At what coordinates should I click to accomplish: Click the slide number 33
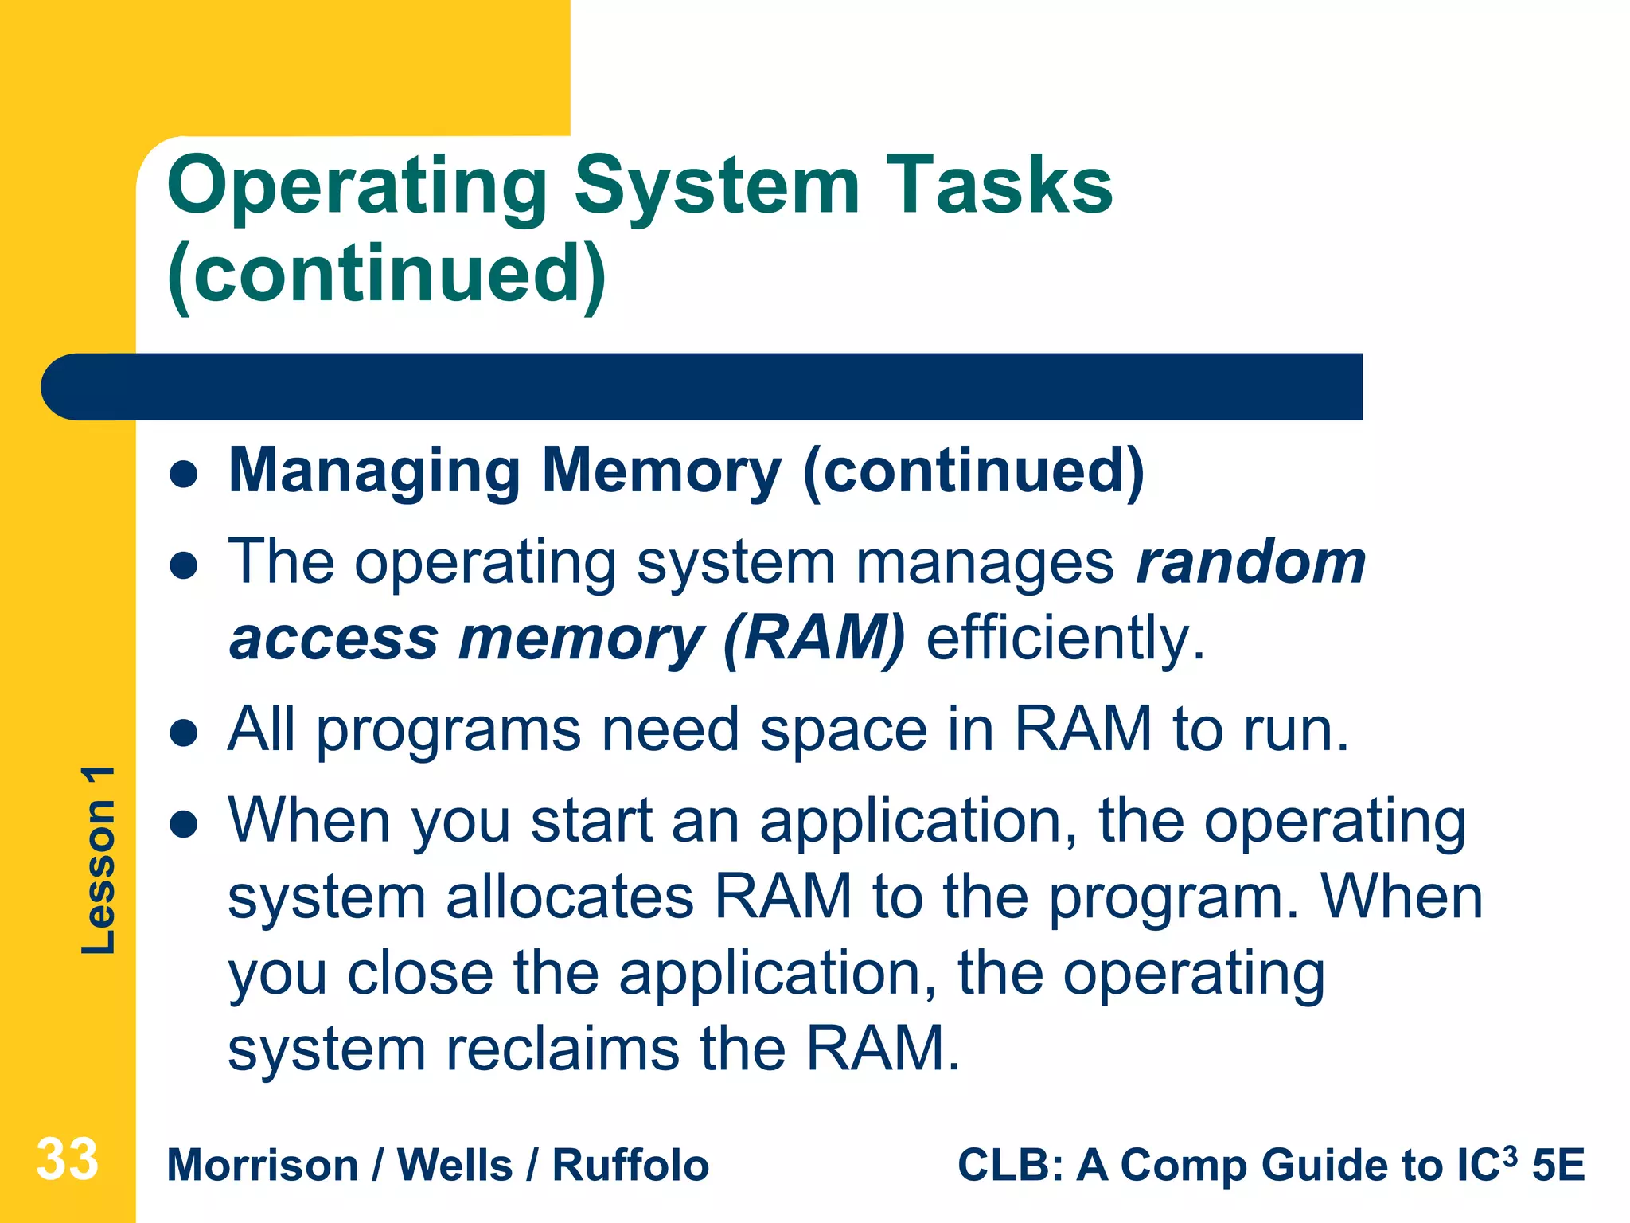[67, 1159]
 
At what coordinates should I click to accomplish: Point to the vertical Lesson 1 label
[99, 860]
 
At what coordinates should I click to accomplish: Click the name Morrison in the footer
[263, 1166]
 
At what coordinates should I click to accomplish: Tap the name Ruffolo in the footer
[630, 1166]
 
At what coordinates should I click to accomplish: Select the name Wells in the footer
[454, 1166]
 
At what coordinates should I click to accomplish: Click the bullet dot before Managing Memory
[184, 475]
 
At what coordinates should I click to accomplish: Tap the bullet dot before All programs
[184, 733]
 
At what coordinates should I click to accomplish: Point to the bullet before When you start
[184, 825]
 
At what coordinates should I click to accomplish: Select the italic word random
[1250, 562]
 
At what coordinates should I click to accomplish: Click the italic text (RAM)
[814, 639]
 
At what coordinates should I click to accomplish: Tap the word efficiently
[1066, 639]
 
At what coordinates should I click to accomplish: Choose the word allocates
[570, 897]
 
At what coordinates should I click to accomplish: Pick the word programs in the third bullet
[449, 731]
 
